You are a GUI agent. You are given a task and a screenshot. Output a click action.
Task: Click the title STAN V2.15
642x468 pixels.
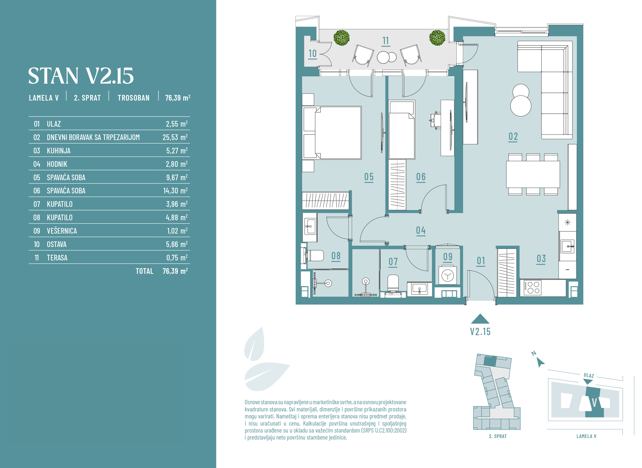tap(81, 76)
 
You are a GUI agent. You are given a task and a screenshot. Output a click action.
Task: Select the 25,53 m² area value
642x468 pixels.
tap(175, 137)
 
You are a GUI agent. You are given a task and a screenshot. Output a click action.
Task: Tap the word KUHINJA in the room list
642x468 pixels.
tap(59, 151)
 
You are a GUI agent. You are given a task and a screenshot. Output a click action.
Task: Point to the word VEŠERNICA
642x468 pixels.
tap(62, 231)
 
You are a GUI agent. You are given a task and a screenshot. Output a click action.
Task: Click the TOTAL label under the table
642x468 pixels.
tap(145, 271)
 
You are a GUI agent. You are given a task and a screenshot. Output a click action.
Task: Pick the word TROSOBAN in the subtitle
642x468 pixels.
tap(134, 98)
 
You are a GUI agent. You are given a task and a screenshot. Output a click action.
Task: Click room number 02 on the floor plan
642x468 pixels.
tap(513, 137)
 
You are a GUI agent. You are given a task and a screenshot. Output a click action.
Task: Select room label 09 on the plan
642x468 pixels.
tap(448, 257)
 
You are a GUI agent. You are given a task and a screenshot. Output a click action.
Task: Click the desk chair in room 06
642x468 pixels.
tap(435, 120)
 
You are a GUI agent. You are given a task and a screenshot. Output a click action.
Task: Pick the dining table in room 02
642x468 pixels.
tap(533, 174)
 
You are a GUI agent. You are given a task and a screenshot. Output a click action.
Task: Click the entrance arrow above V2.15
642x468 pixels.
tap(480, 319)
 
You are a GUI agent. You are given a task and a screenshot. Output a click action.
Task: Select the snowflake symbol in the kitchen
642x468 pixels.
tap(567, 222)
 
